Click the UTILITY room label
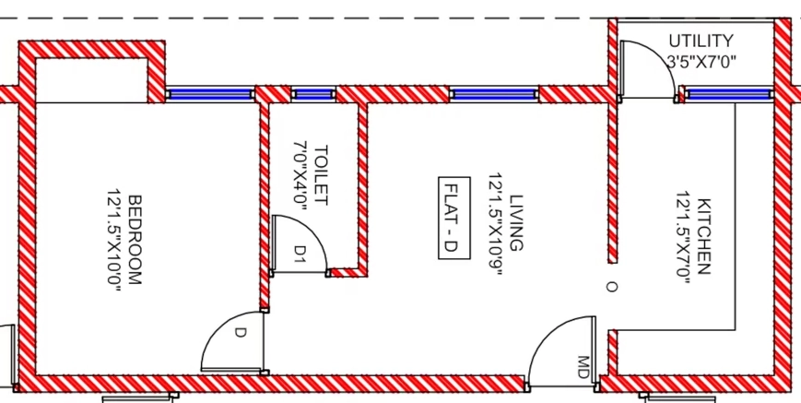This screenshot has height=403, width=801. coord(701,41)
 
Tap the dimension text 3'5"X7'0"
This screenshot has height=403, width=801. coord(701,63)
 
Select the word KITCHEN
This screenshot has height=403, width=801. coord(703,236)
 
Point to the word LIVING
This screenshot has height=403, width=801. coord(516,222)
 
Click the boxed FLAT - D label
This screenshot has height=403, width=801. coord(454,219)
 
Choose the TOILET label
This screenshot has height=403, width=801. coord(321,175)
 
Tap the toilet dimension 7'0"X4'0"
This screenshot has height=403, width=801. coord(300,172)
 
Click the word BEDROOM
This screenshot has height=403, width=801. coord(135,240)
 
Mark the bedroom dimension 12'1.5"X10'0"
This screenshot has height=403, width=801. coord(114,241)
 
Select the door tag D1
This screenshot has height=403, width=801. coord(300,254)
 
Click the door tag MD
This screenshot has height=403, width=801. coord(583,367)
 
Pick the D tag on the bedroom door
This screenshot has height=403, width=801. coord(240,333)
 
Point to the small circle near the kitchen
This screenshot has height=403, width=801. coord(611,287)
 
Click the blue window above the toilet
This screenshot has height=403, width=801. coord(313,94)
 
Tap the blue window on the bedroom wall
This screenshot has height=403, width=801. coord(209,94)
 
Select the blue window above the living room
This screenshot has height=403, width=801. coord(494,94)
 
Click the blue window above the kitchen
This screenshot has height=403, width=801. coord(727,93)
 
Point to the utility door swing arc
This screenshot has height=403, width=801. coord(660,56)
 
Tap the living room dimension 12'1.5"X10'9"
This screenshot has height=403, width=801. coord(496,224)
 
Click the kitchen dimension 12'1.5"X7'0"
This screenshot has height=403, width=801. coord(684,235)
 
